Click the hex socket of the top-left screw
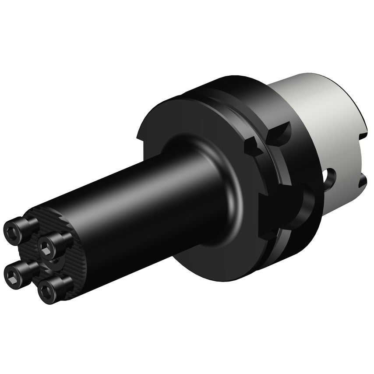(12, 230)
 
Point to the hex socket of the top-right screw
(45, 246)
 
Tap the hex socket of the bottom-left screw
(11, 276)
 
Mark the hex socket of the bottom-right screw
(46, 291)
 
